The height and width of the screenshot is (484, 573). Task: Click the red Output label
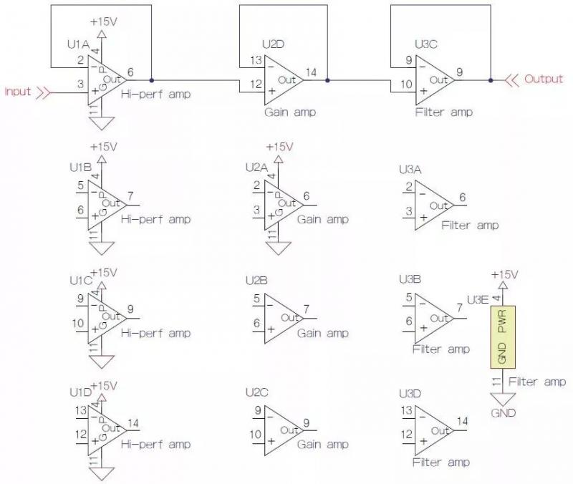tap(544, 79)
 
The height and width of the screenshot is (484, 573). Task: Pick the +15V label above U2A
tap(279, 147)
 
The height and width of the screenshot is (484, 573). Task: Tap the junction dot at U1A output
tap(151, 80)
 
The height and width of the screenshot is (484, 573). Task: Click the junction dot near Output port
tap(490, 80)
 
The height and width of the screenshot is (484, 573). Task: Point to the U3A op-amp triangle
tap(434, 205)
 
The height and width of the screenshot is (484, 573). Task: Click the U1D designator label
tap(80, 392)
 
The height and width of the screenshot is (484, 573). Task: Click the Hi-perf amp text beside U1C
tap(156, 333)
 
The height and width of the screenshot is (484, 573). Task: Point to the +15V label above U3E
tap(504, 275)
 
